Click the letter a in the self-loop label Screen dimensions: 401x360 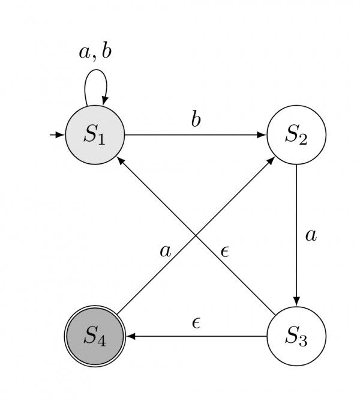(x=85, y=52)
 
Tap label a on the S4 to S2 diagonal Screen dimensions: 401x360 (x=165, y=251)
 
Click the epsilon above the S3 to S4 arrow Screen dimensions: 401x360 (x=196, y=323)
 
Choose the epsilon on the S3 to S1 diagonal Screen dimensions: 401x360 (x=225, y=251)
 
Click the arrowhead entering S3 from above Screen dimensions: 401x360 (x=296, y=302)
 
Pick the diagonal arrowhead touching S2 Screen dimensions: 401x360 (x=271, y=159)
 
